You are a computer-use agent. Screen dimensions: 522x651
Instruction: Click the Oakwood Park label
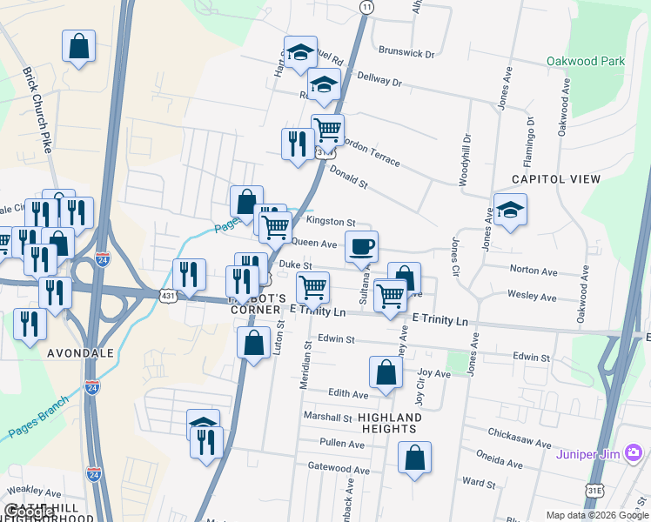[586, 62]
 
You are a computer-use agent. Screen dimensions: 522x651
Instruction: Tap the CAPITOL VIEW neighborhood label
[556, 179]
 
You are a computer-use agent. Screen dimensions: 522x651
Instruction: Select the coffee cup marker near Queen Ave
[361, 246]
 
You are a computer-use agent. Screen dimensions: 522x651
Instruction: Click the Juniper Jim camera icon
[633, 452]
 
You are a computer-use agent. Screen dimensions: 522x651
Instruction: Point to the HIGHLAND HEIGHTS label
[389, 424]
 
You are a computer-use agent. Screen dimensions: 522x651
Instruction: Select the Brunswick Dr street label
[406, 54]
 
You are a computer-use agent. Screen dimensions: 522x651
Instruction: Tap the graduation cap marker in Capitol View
[510, 209]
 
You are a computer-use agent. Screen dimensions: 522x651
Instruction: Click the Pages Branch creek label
[37, 418]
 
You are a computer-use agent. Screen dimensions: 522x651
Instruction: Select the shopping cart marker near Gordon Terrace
[327, 130]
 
